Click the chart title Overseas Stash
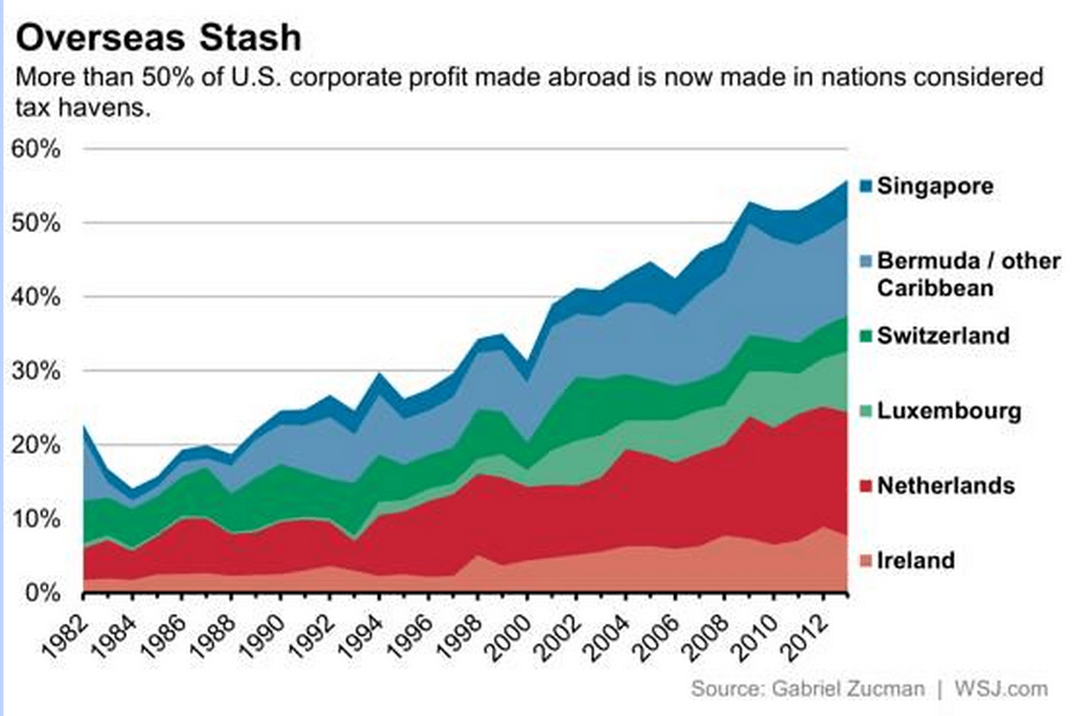coord(160,38)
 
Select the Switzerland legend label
coord(943,336)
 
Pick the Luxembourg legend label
coord(949,411)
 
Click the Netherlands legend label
coord(946,486)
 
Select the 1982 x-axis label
coord(67,625)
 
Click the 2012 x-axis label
coord(809,625)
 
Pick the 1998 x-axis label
coord(463,625)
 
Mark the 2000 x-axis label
coord(512,625)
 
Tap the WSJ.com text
coord(1000,689)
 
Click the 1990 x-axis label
coord(265,625)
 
